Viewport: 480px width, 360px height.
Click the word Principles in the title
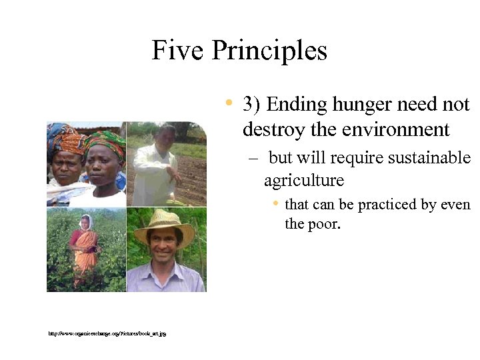coord(269,51)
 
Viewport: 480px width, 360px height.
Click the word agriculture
coord(304,181)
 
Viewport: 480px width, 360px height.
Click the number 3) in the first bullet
coord(251,105)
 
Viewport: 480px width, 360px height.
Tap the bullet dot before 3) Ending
coord(229,103)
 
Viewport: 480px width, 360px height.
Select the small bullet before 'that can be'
coord(275,203)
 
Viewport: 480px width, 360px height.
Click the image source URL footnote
coord(107,333)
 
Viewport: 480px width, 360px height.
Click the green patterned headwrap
coord(104,141)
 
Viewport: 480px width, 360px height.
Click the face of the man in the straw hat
coord(163,245)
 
